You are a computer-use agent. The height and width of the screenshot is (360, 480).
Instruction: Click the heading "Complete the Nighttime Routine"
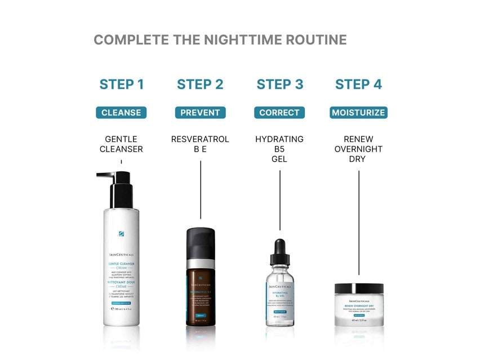pos(220,40)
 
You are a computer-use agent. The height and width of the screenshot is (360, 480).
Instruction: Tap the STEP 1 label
pos(122,85)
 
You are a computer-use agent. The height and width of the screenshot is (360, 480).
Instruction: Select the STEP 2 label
pos(200,85)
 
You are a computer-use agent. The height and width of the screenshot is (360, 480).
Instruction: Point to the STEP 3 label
pos(279,85)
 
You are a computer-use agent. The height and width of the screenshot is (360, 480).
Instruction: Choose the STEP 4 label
pos(358,85)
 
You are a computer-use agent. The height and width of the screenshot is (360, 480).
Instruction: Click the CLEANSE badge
pos(121,113)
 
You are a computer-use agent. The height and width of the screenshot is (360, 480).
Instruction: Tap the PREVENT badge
pos(200,113)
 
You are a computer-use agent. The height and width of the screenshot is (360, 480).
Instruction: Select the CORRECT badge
pos(279,113)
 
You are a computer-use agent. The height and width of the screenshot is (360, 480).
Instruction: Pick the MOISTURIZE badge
pos(358,113)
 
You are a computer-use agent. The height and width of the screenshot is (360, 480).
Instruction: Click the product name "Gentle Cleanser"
pos(121,144)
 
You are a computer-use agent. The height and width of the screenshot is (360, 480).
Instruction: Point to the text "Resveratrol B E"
pos(200,144)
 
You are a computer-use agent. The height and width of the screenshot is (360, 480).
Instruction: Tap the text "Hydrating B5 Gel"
pos(279,149)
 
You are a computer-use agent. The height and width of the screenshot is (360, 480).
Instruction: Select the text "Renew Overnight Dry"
pos(358,149)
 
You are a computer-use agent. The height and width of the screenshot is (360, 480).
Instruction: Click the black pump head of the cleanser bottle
pos(119,189)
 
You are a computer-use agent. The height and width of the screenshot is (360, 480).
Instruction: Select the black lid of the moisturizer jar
pos(359,289)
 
